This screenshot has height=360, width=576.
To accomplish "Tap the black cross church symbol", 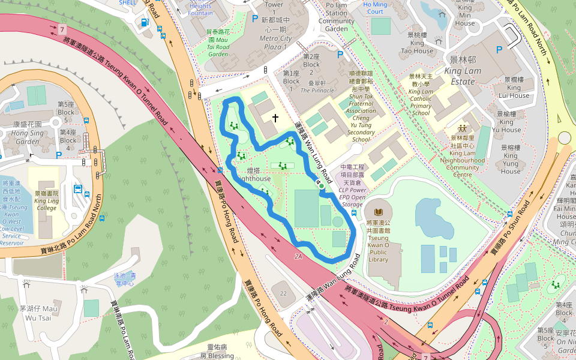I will pos(275,118).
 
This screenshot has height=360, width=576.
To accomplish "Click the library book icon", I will pos(378,212).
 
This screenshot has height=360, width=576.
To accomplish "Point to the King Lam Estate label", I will pos(463,65).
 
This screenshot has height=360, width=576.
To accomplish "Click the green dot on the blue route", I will pos(322,187).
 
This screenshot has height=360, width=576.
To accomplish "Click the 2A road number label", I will pos(299,256).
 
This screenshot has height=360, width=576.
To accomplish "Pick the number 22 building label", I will pos(283,293).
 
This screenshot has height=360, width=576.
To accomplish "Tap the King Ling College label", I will pos(46,200).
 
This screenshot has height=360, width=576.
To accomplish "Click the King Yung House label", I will pos(511,159).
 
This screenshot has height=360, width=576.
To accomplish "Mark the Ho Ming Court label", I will pos(375,8).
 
